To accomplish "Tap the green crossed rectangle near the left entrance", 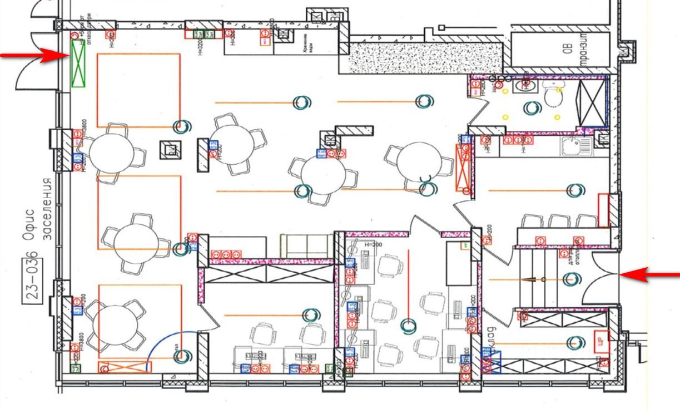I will pyautogui.click(x=78, y=64).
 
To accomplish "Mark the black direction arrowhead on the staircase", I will pyautogui.click(x=534, y=279).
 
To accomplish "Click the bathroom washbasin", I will pyautogui.click(x=523, y=85).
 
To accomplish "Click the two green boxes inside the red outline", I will pyautogui.click(x=203, y=33).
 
